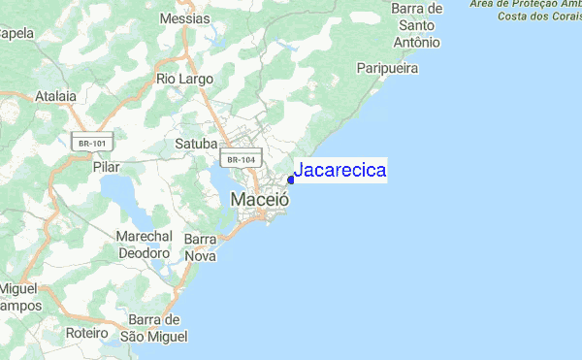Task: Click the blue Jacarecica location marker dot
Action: [291, 180]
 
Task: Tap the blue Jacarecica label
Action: [339, 171]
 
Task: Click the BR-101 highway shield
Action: [93, 142]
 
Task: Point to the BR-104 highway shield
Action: [238, 158]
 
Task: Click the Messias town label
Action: [184, 17]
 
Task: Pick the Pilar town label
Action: [107, 167]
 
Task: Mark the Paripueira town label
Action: [387, 69]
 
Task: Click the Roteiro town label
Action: [87, 332]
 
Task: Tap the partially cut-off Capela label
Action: [16, 33]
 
